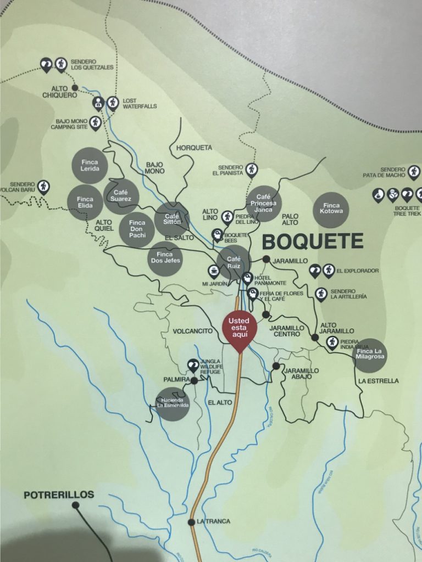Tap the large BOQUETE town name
[x=312, y=241]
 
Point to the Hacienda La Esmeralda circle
[x=172, y=404]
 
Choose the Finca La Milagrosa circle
[x=370, y=355]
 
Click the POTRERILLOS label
[x=59, y=494]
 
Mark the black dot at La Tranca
[x=191, y=521]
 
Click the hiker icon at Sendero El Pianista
[x=251, y=169]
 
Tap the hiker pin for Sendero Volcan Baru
[x=43, y=188]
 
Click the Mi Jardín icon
[x=213, y=271]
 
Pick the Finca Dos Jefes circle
[x=165, y=258]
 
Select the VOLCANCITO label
[x=193, y=331]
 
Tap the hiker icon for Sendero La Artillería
[x=321, y=294]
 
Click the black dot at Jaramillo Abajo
[x=276, y=366]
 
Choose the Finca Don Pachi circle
[x=136, y=229]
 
